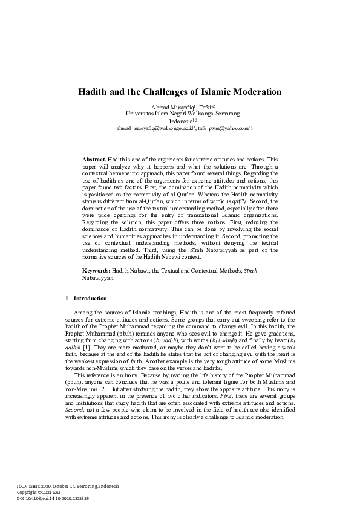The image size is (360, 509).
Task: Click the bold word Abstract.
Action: coord(94,158)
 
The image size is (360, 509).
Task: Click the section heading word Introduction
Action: coord(90,299)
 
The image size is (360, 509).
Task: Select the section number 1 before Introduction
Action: coord(66,299)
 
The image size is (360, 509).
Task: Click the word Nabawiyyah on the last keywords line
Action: coord(97,279)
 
